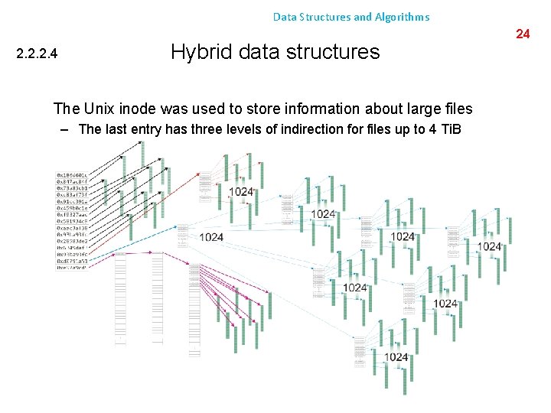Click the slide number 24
point(523,34)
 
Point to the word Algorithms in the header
point(403,16)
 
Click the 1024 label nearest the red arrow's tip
point(240,191)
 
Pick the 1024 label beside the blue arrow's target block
point(211,237)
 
